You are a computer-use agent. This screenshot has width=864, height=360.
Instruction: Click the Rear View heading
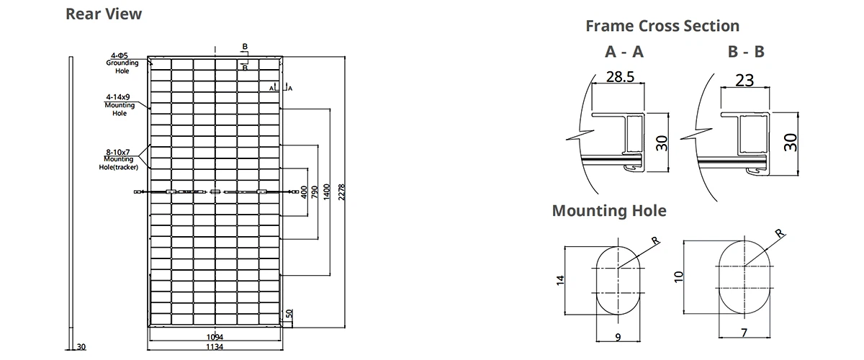[104, 14]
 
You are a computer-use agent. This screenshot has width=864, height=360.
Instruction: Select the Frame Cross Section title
[662, 26]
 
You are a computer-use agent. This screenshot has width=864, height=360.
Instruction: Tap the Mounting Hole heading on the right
[609, 211]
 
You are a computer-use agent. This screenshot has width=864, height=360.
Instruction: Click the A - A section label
[624, 52]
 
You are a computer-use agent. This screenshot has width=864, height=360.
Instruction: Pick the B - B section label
[746, 52]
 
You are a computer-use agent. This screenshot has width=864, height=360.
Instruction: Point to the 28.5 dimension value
[619, 78]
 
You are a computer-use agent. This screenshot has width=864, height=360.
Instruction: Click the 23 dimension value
[744, 80]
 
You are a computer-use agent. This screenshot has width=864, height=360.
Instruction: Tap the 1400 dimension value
[327, 192]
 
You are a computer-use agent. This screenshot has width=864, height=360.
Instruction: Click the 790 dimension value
[314, 192]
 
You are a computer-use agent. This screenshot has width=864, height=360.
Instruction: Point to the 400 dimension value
[304, 192]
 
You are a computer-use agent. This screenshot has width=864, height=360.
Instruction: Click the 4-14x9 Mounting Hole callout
[120, 105]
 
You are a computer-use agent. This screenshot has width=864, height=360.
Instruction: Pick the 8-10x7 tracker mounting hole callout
[119, 159]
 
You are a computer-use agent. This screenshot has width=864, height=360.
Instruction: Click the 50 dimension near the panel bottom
[289, 315]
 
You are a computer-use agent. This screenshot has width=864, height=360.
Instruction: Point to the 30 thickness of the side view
[81, 347]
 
